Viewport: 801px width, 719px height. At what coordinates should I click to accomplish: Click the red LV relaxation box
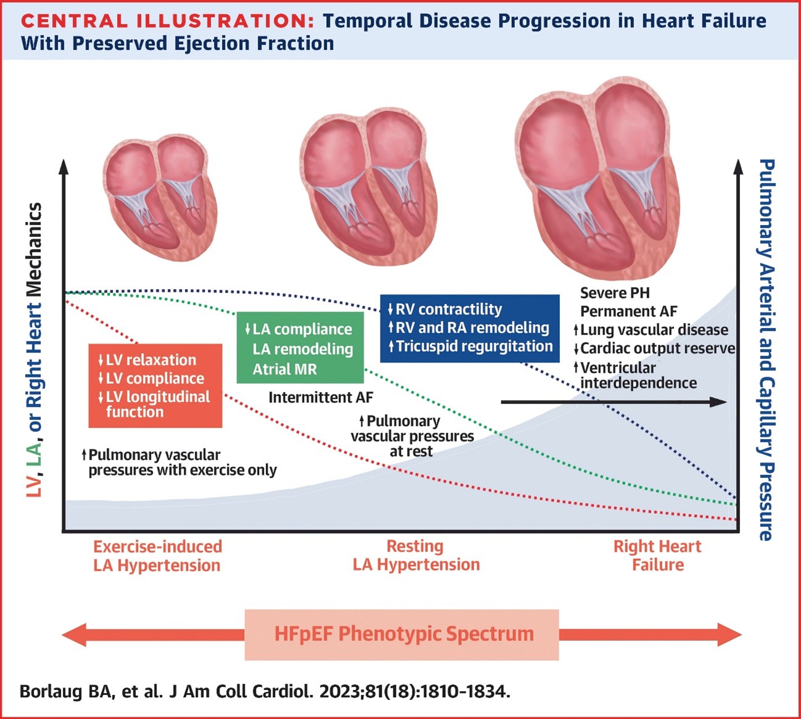(x=155, y=385)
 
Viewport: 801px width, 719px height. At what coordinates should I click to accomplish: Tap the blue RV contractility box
(x=470, y=328)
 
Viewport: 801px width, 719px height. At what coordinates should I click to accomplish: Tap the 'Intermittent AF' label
(x=321, y=398)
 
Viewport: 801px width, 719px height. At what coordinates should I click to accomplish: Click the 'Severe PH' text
(x=615, y=293)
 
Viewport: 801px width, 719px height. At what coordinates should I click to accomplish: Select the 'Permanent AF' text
(x=628, y=311)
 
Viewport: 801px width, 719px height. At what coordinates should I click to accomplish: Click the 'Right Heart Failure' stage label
(x=657, y=556)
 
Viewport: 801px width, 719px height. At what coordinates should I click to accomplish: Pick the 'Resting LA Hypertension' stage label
(x=416, y=556)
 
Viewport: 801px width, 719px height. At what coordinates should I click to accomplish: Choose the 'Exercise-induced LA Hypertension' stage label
(x=157, y=556)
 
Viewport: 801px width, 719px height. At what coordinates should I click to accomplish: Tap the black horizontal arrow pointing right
(x=614, y=402)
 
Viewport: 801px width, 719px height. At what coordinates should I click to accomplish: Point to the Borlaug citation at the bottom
(x=265, y=691)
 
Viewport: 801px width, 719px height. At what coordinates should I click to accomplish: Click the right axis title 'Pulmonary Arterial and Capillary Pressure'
(x=766, y=350)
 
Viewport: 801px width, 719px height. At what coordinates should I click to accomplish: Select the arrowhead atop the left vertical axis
(x=63, y=166)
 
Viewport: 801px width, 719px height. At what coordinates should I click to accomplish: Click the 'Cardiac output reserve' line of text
(x=657, y=349)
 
